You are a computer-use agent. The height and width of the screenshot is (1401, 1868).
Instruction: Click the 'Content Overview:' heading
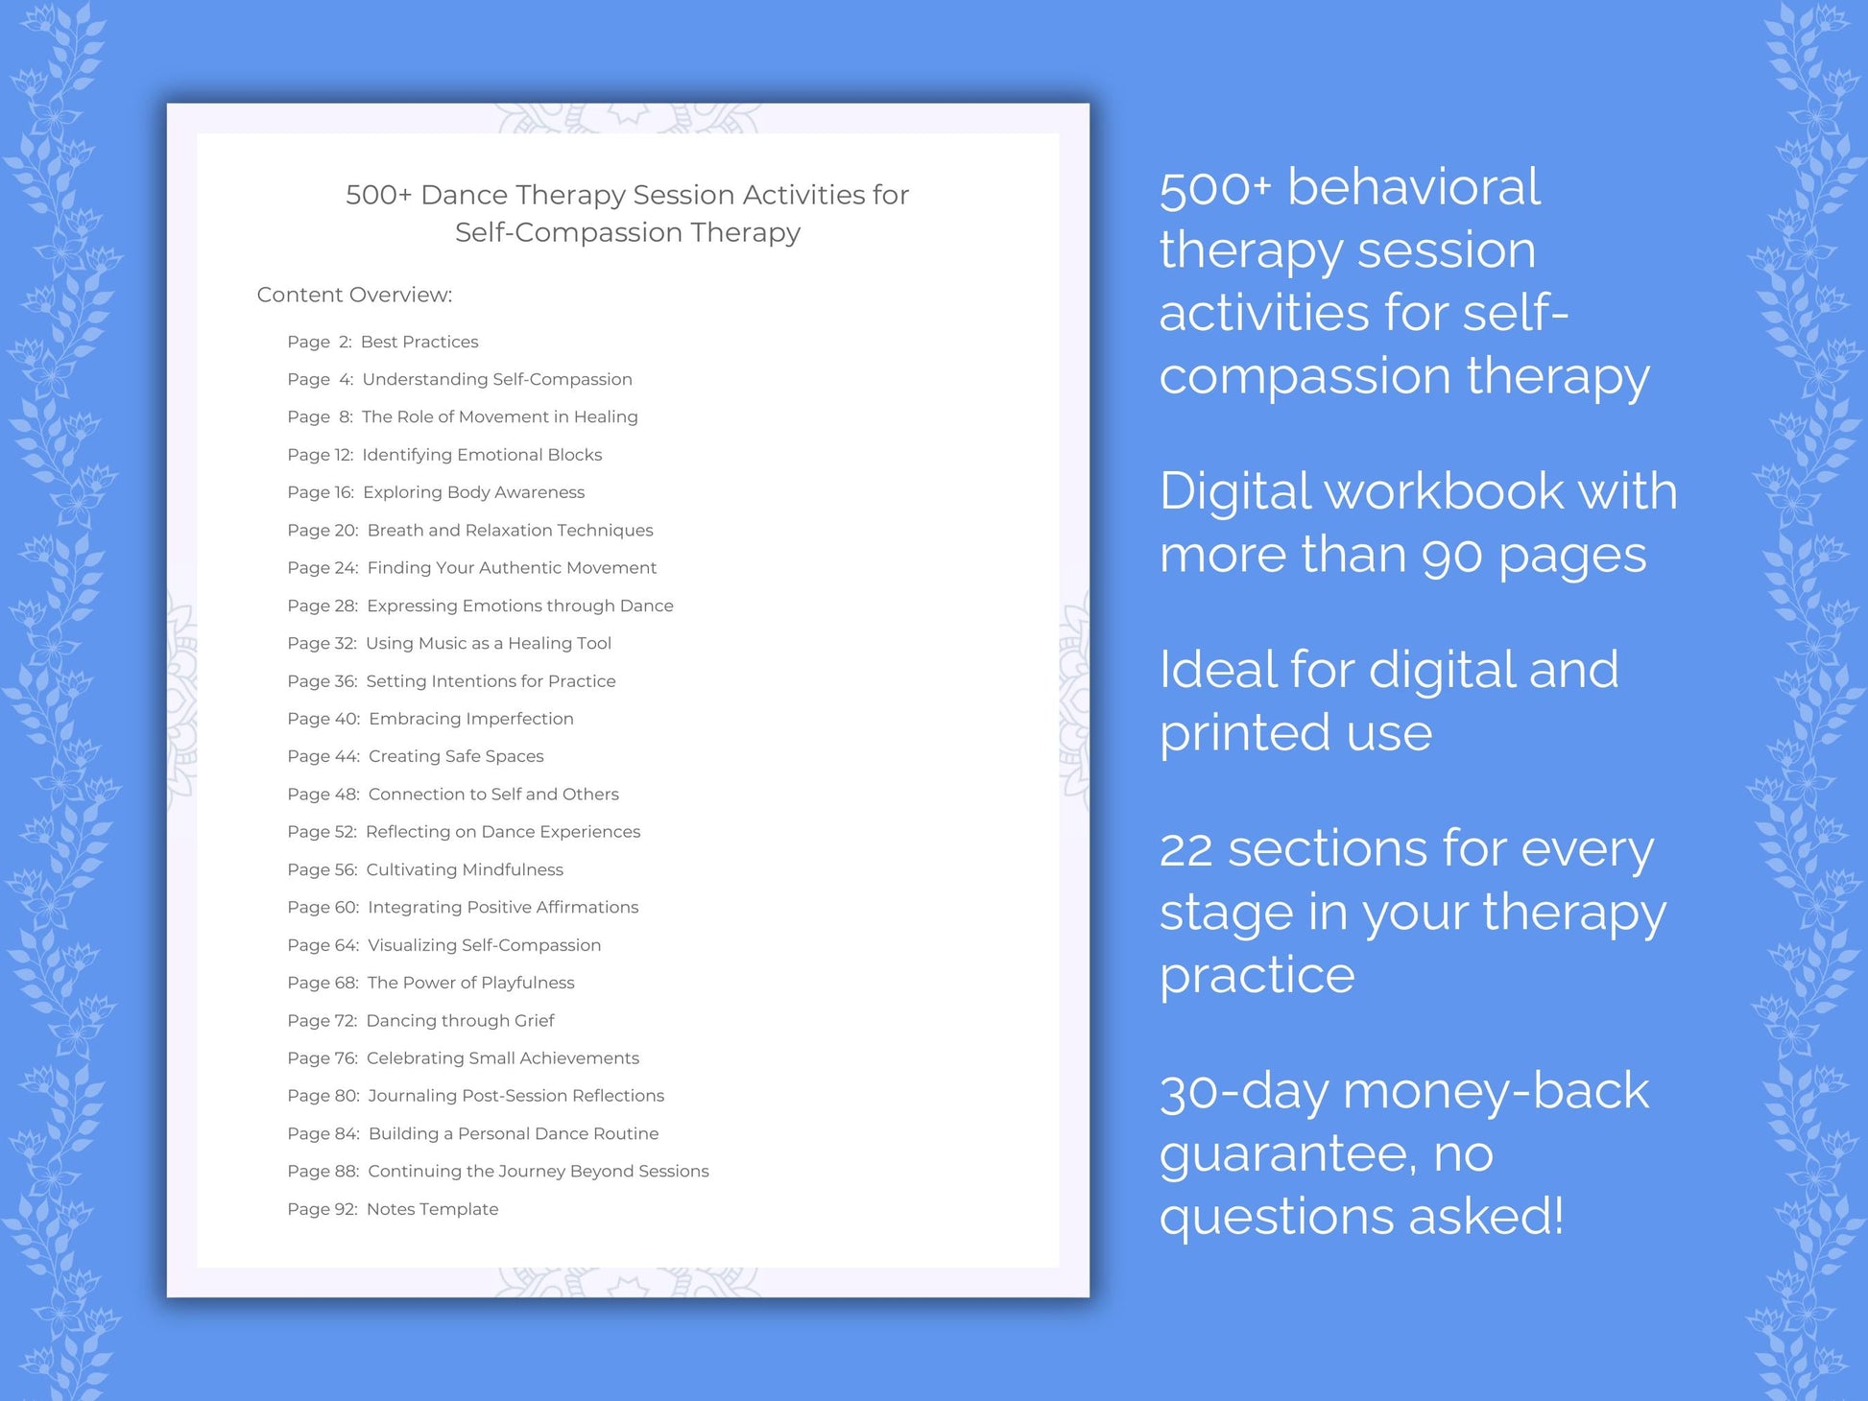click(354, 295)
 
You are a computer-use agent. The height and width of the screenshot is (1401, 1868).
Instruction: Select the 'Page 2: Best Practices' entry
click(382, 342)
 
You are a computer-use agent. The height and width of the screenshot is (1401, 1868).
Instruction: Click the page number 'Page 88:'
click(323, 1171)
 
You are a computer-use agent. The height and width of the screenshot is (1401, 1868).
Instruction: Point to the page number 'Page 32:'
click(322, 643)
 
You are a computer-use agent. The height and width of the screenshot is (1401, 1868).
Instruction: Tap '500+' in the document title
click(378, 195)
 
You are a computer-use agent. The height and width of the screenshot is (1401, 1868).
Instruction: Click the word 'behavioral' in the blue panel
click(1413, 186)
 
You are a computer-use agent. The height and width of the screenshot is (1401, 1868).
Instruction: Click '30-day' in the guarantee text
click(1243, 1092)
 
